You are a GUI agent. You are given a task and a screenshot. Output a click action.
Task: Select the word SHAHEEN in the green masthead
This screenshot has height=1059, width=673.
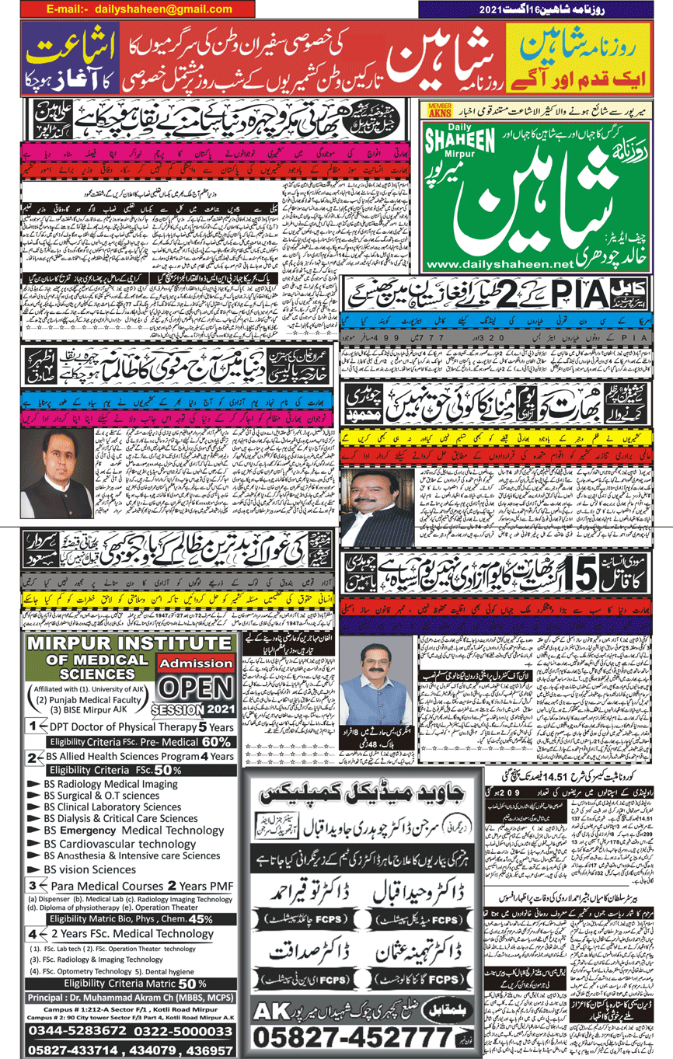462,146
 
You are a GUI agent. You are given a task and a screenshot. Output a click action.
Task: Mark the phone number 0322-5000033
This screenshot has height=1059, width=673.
183,1030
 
